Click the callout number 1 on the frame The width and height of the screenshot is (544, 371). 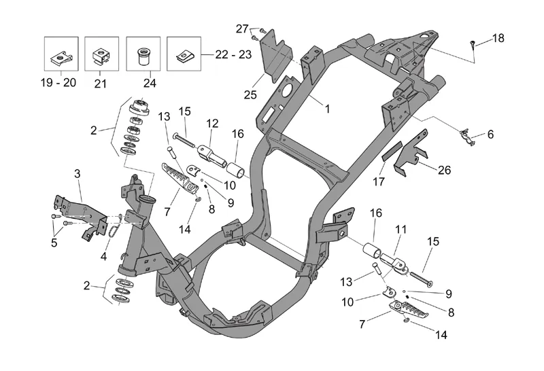pos(327,109)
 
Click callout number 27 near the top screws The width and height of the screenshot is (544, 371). pos(243,29)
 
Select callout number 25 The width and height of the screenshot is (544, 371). pos(250,95)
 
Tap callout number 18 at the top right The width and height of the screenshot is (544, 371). pos(498,38)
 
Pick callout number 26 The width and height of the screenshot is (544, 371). pos(443,171)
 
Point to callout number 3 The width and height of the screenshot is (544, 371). pos(78,175)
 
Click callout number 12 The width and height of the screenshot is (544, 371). pos(213,124)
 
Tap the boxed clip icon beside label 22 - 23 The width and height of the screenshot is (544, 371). pos(185,52)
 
